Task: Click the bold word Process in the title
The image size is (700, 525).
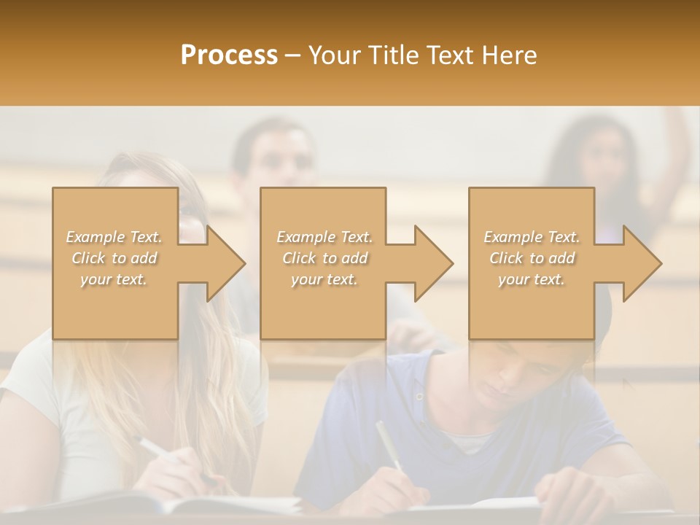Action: [x=229, y=55]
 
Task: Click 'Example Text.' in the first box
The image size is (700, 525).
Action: [x=114, y=237]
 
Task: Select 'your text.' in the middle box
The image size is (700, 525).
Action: [x=324, y=279]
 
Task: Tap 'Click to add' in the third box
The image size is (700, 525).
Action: [x=532, y=258]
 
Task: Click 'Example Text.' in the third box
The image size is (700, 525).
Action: [x=532, y=237]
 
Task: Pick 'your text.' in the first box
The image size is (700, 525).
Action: [x=114, y=279]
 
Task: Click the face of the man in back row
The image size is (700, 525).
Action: [x=274, y=157]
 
